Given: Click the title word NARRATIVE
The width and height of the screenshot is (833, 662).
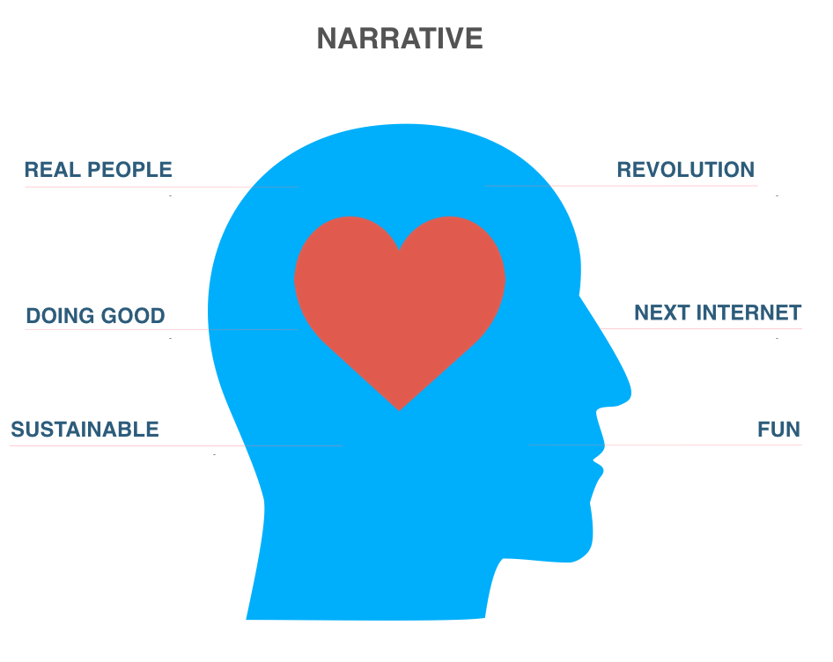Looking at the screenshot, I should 399,39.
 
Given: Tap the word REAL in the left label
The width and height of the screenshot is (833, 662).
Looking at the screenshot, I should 49,170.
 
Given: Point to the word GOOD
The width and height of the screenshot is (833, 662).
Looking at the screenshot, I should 132,316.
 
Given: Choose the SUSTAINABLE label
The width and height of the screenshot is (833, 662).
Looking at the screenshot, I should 85,430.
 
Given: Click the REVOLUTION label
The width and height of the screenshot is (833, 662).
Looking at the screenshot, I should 685,170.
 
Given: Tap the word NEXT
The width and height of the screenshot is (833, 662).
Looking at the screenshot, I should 661,313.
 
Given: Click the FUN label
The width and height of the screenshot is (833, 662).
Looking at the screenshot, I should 778,430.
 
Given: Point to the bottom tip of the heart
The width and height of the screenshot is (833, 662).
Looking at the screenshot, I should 400,408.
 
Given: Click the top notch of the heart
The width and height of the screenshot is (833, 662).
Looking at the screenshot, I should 400,247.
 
